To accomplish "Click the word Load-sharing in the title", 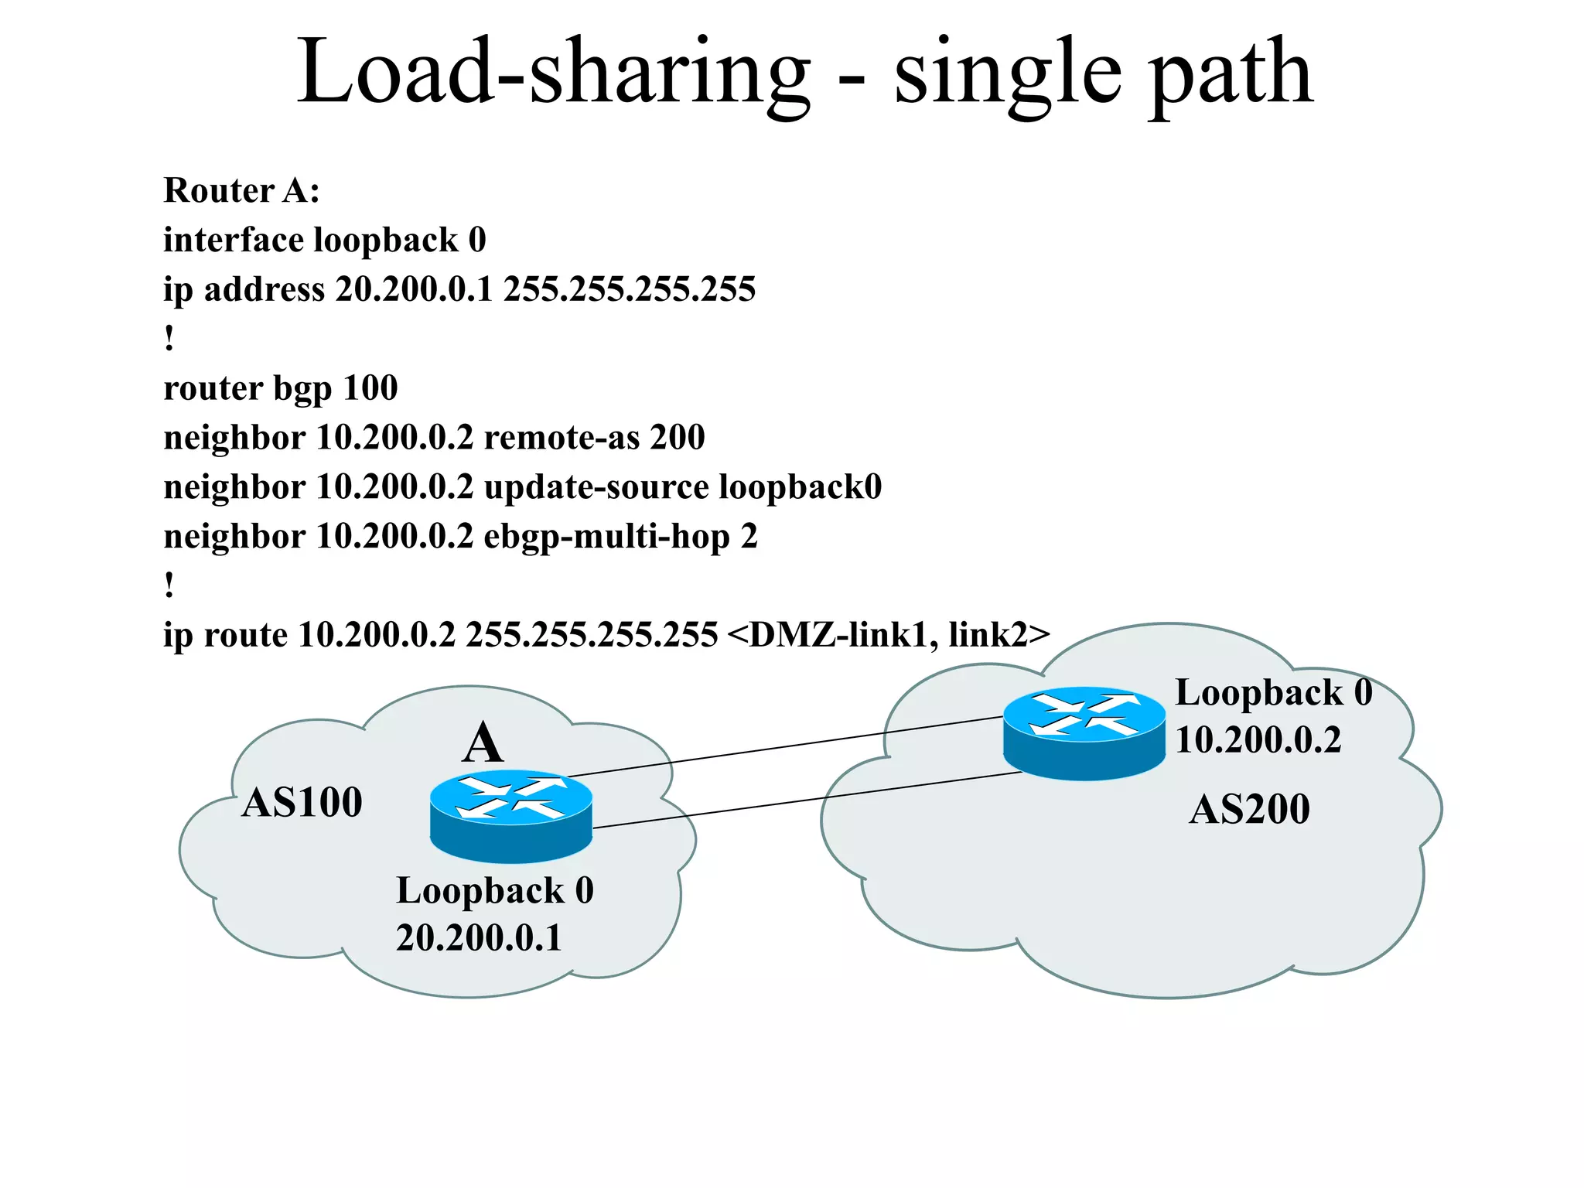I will click(x=553, y=73).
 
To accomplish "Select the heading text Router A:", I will click(x=241, y=190).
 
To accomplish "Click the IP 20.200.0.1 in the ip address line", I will click(x=414, y=289).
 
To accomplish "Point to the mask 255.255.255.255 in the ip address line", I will click(x=629, y=289).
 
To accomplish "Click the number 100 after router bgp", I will click(x=370, y=387).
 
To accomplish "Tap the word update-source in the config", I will click(x=596, y=487).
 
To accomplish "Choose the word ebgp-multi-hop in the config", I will click(x=606, y=537).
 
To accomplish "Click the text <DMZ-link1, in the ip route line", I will click(x=831, y=635).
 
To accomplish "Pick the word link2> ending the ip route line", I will click(x=999, y=635).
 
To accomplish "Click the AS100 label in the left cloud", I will click(x=302, y=802).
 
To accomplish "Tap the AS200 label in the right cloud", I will click(x=1249, y=810).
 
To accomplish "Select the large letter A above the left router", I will click(x=483, y=744).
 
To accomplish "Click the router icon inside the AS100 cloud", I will click(x=510, y=816).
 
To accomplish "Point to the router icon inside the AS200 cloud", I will click(x=1084, y=732).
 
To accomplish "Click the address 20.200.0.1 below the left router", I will click(x=478, y=938).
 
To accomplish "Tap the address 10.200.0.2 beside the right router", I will click(x=1258, y=740).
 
